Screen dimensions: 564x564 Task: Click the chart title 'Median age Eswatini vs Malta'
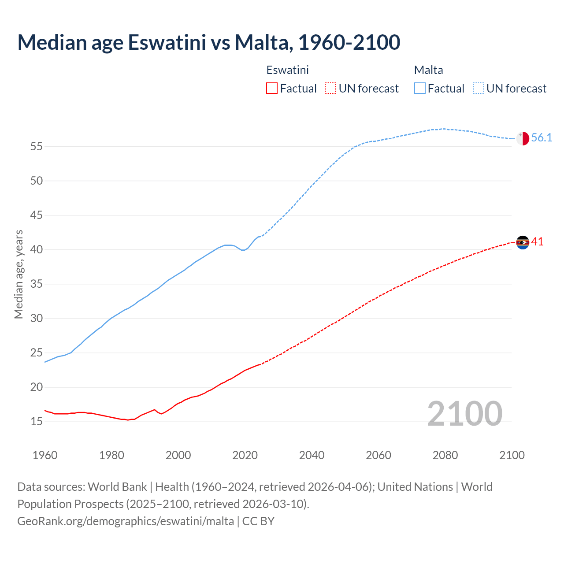click(208, 42)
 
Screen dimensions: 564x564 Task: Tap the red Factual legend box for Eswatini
click(272, 89)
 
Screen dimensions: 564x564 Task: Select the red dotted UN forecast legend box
click(330, 89)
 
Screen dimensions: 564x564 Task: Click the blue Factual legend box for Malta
click(420, 89)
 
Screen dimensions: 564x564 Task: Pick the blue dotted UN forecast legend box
click(479, 89)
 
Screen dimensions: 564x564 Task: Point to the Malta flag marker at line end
click(523, 138)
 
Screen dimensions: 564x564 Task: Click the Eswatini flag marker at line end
click(523, 242)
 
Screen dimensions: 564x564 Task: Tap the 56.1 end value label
click(542, 138)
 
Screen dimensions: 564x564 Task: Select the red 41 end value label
click(538, 242)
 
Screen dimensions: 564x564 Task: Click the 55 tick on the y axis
click(37, 146)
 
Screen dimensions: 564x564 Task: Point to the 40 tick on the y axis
click(37, 249)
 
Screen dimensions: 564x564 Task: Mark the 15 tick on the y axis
click(37, 422)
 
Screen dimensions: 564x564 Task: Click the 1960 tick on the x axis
click(45, 455)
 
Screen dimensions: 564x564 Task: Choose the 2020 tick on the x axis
click(245, 455)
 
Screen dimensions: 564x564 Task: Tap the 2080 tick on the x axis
click(445, 455)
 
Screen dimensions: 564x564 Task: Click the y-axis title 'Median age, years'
click(19, 274)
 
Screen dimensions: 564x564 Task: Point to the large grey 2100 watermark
click(464, 414)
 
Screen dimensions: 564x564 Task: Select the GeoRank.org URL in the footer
click(126, 521)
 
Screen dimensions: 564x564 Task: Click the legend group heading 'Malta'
click(428, 70)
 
